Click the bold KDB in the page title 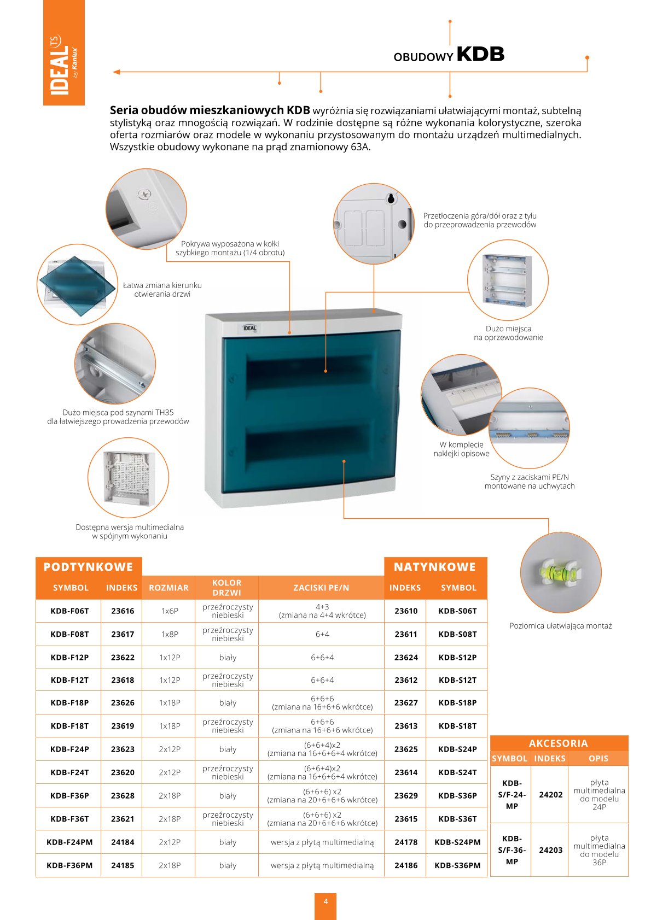(x=480, y=54)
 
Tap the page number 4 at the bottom (x=326, y=901)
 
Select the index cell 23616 (x=123, y=611)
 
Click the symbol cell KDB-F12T (x=69, y=680)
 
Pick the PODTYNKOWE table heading (x=88, y=567)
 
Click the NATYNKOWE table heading (x=435, y=567)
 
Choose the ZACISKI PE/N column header (x=321, y=588)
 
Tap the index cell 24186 (x=406, y=865)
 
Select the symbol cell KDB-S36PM (x=457, y=865)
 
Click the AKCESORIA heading (x=558, y=743)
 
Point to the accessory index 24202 (x=550, y=794)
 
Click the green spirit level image (x=559, y=572)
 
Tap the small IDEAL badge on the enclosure (x=250, y=328)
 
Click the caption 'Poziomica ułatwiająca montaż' (x=560, y=626)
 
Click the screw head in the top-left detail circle (x=145, y=194)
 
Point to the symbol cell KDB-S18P (x=457, y=703)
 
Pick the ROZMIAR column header (x=168, y=588)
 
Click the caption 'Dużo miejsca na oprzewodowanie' (x=508, y=333)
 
